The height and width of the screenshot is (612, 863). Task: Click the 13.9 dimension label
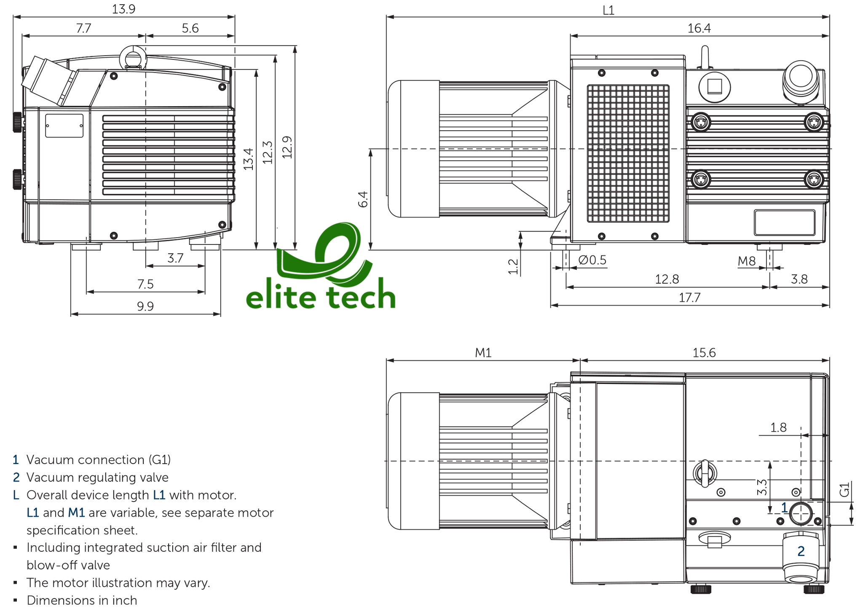tap(123, 9)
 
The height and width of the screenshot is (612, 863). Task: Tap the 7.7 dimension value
tap(83, 28)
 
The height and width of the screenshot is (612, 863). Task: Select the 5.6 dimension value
tap(190, 28)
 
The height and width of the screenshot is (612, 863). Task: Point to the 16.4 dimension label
tap(699, 28)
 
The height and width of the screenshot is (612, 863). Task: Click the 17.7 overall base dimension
tap(689, 298)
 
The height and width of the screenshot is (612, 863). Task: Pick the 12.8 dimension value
tap(667, 279)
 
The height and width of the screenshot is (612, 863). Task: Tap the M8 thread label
tap(747, 261)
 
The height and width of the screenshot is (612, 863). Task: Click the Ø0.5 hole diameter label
tap(592, 260)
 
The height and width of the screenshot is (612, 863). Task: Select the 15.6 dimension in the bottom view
tap(704, 352)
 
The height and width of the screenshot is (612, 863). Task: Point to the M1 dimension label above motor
tap(483, 352)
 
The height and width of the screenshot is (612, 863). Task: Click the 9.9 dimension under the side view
tap(145, 306)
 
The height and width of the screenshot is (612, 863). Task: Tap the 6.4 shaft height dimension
tap(363, 199)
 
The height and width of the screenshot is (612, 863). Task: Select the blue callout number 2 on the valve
tap(801, 551)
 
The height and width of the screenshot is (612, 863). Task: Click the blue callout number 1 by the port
tap(784, 507)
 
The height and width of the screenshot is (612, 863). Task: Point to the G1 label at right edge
tap(844, 490)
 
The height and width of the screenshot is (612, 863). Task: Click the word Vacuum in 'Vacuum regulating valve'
tap(50, 478)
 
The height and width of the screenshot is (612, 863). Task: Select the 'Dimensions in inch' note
tap(82, 600)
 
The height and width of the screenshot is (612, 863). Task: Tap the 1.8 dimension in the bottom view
tap(778, 428)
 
